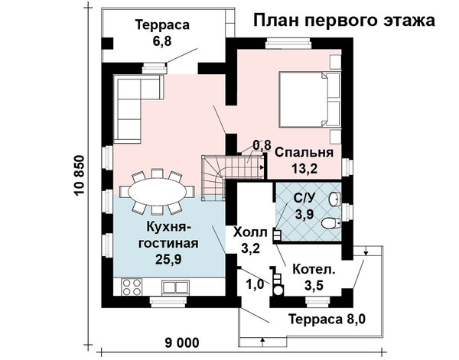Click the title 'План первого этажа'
pyautogui.click(x=344, y=21)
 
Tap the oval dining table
pyautogui.click(x=158, y=191)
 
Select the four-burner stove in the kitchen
pyautogui.click(x=132, y=287)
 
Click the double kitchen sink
pyautogui.click(x=175, y=287)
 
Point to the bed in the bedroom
pyautogui.click(x=310, y=99)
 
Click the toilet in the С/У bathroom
pyautogui.click(x=331, y=223)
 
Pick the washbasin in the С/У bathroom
pyautogui.click(x=334, y=199)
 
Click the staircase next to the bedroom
pyautogui.click(x=232, y=177)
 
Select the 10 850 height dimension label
pyautogui.click(x=80, y=176)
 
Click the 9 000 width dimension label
pyautogui.click(x=182, y=342)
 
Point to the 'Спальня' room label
pyautogui.click(x=304, y=153)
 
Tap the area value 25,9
pyautogui.click(x=168, y=259)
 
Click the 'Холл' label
pyautogui.click(x=250, y=233)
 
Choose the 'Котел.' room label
pyautogui.click(x=314, y=269)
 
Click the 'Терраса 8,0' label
pyautogui.click(x=327, y=319)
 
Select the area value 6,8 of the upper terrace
pyautogui.click(x=162, y=41)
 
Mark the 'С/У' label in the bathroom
pyautogui.click(x=304, y=199)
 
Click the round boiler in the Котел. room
pyautogui.click(x=278, y=290)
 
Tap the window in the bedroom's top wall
pyautogui.click(x=288, y=44)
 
